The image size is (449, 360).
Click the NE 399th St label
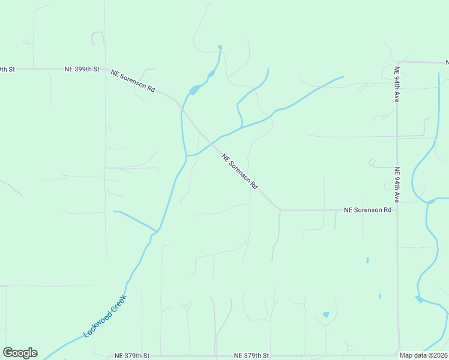pos(82,70)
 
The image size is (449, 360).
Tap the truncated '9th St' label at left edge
pos(7,70)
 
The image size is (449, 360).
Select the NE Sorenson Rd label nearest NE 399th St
pos(133,81)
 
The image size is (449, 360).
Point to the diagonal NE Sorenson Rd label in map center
pos(239,172)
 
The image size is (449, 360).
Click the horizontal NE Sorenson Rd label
pos(367,211)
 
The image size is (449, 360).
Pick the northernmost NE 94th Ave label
pos(396,84)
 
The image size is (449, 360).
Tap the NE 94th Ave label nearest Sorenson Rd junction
pos(397,184)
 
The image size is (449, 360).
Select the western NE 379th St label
pos(131,356)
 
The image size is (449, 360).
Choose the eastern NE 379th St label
pos(252,356)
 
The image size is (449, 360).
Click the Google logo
pos(20,353)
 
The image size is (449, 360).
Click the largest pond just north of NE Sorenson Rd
pos(194,91)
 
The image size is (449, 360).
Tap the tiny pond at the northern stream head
pos(220,47)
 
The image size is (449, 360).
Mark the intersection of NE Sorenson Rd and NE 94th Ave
pos(397,211)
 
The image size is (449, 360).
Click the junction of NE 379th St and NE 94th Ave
pos(397,355)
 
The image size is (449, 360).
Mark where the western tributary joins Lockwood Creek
pos(156,230)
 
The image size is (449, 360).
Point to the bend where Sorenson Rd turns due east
pos(280,210)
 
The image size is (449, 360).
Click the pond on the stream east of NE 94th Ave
pos(420,299)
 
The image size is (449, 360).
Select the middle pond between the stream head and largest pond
pos(211,74)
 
